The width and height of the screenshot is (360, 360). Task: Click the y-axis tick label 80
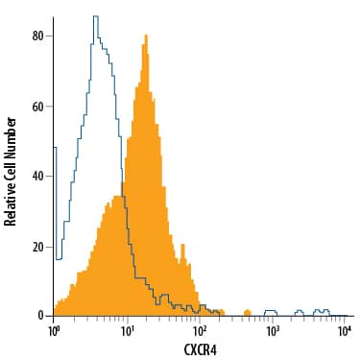pos(38,36)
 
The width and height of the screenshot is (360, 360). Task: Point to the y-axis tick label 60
pos(38,107)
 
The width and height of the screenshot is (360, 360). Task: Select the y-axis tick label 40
pos(38,177)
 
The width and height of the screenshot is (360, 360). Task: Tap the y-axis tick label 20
pos(38,247)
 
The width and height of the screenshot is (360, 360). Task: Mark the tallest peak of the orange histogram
pos(145,36)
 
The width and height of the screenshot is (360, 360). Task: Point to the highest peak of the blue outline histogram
pos(94,16)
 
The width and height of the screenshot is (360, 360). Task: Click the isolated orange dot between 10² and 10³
pos(247,312)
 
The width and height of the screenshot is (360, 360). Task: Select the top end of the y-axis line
pos(54,15)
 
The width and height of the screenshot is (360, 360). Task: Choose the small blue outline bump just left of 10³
pos(270,311)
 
